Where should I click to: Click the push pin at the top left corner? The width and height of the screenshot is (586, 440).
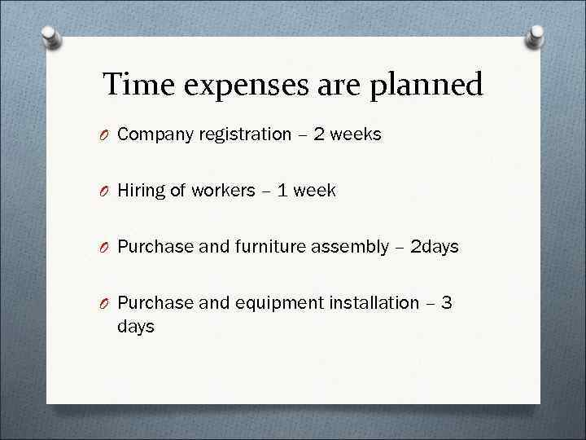(x=51, y=37)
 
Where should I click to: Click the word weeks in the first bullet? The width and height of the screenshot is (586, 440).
(x=356, y=134)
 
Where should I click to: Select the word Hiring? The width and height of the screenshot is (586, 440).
(x=140, y=191)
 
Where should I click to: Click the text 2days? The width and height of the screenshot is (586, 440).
(x=435, y=247)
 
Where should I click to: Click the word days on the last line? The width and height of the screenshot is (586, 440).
(x=135, y=327)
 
